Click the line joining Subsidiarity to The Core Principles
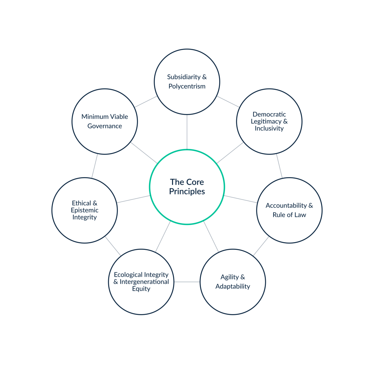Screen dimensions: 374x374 point(187,131)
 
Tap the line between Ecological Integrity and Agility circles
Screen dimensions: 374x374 point(187,282)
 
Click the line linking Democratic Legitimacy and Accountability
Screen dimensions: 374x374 point(279,165)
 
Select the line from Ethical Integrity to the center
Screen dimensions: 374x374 point(133,199)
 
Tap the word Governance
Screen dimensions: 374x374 point(104,126)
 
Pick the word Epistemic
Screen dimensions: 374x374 point(84,210)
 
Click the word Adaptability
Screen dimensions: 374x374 point(233,286)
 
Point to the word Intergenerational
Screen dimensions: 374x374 point(144,282)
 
